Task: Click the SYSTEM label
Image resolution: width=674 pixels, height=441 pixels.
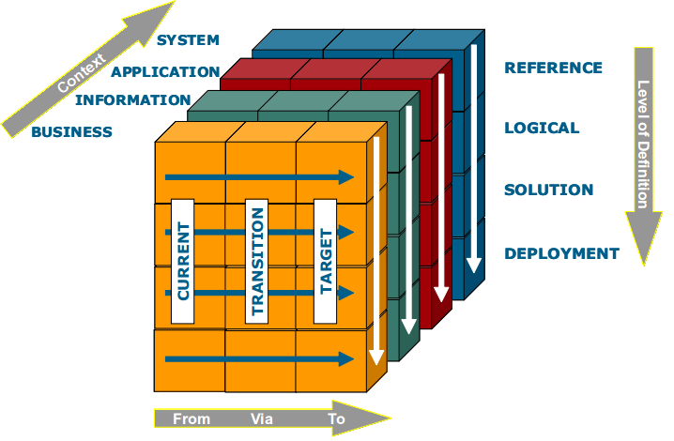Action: pyautogui.click(x=188, y=40)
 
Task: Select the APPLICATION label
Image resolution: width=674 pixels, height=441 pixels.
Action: pyautogui.click(x=165, y=71)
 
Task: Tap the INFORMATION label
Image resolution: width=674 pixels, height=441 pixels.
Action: pyautogui.click(x=133, y=100)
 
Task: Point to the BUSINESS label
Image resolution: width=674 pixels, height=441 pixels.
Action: pyautogui.click(x=71, y=132)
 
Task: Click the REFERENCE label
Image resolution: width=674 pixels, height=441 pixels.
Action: pyautogui.click(x=553, y=68)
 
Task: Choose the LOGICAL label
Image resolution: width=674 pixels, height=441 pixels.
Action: pyautogui.click(x=542, y=128)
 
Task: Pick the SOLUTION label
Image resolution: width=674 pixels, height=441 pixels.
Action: pyautogui.click(x=548, y=190)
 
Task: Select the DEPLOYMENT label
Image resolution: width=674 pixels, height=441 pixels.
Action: pyautogui.click(x=561, y=253)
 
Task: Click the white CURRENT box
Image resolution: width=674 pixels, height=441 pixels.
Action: pyautogui.click(x=183, y=261)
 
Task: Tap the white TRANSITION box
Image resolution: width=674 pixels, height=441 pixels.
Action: pyautogui.click(x=257, y=261)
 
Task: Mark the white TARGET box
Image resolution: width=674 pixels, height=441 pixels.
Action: pyautogui.click(x=326, y=261)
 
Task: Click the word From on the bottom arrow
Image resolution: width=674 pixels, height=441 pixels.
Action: pyautogui.click(x=191, y=418)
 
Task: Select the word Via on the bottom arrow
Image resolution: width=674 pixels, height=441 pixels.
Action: pyautogui.click(x=262, y=418)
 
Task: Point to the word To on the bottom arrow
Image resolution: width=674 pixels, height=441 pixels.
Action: pyautogui.click(x=336, y=418)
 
